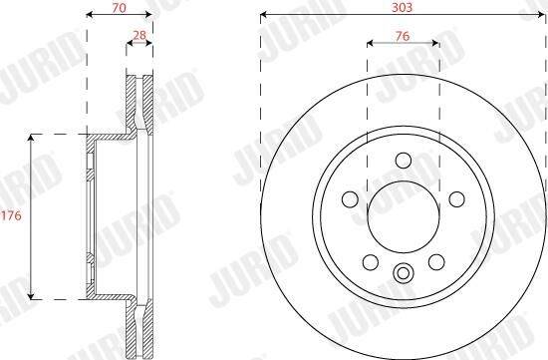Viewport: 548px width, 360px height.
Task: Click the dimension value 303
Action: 402,7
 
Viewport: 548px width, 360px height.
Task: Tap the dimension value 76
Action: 403,36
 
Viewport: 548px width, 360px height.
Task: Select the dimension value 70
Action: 119,8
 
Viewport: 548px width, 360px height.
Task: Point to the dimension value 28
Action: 139,35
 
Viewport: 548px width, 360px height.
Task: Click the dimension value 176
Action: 11,215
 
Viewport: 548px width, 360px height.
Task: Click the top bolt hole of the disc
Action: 404,161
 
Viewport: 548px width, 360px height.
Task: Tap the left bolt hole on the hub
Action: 350,199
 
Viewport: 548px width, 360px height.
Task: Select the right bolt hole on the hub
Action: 456,199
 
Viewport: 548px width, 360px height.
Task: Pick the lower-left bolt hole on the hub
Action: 371,261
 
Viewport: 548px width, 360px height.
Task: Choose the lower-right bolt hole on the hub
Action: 436,261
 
